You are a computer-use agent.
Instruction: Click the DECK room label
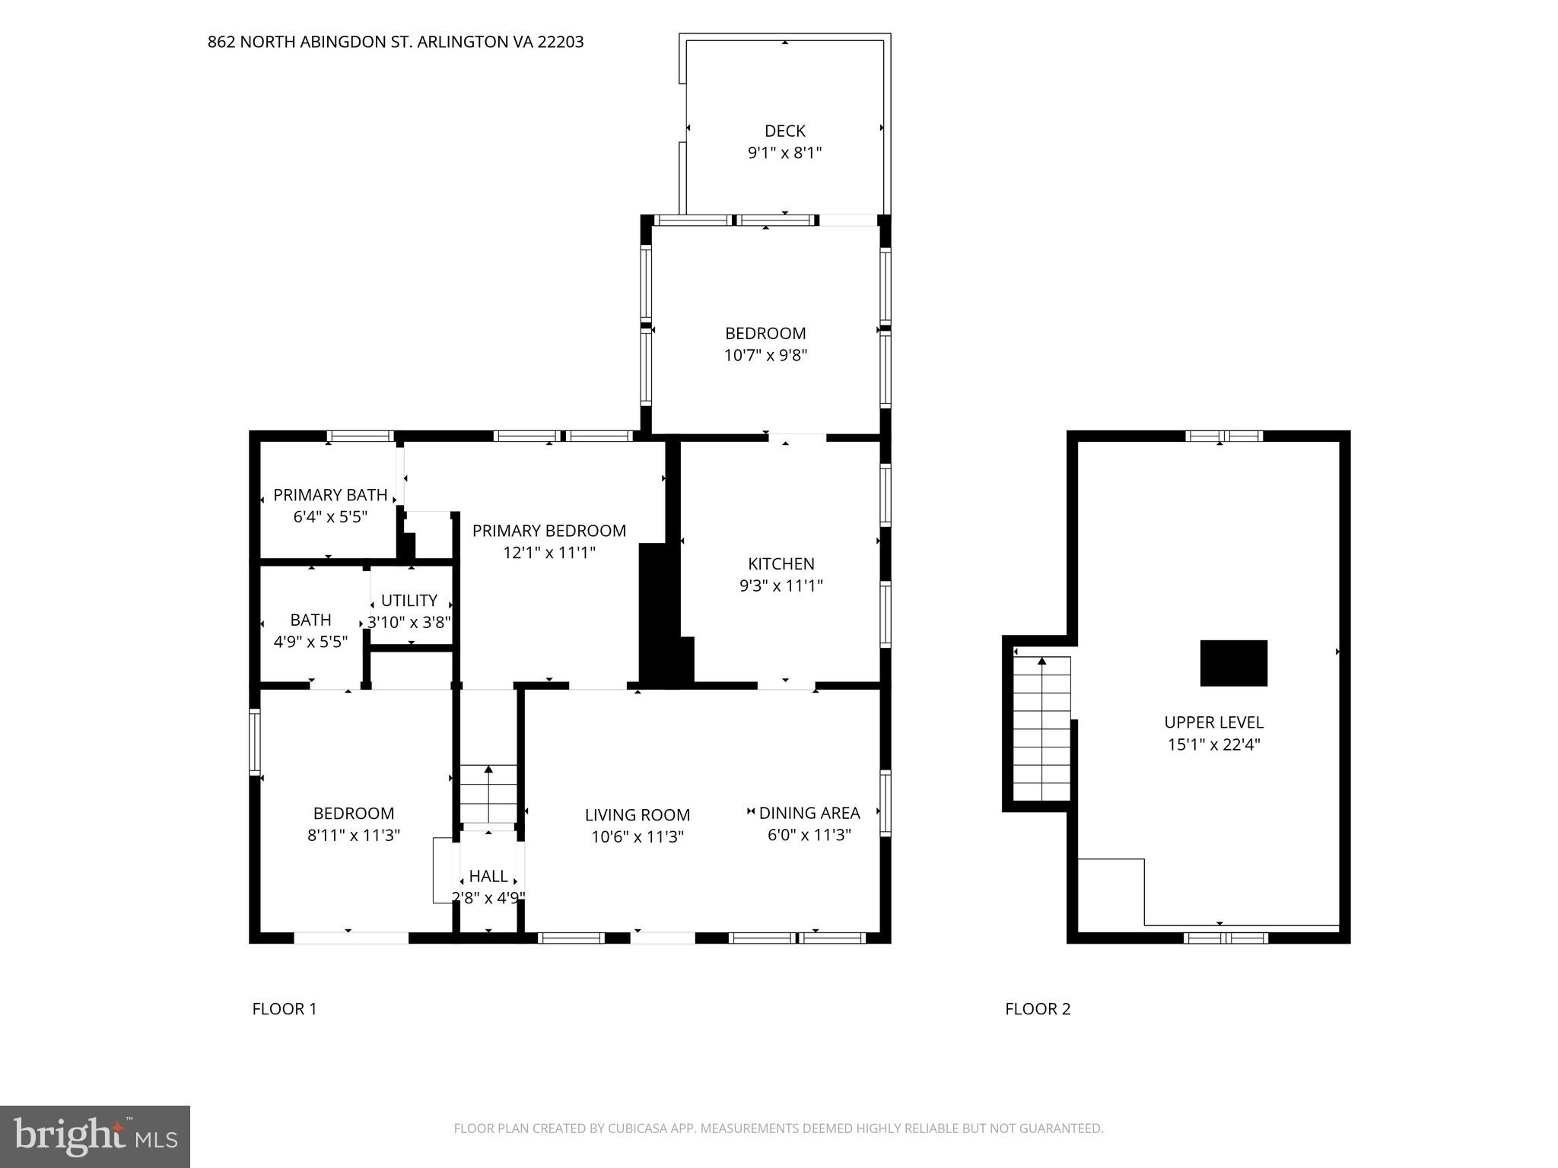784,131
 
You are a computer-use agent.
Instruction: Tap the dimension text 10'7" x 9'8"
765,355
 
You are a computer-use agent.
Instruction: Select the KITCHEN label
781,563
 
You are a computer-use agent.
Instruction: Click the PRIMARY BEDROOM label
548,531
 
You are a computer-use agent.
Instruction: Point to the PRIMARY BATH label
330,495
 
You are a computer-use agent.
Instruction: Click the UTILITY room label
409,601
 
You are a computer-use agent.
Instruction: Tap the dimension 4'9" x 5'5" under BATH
310,642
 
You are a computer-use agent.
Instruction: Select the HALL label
488,876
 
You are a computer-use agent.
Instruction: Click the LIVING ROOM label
637,815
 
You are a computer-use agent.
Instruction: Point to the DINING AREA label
809,813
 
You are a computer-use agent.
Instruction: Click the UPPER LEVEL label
1213,722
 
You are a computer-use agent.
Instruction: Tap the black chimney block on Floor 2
1233,663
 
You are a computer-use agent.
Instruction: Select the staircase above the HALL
488,794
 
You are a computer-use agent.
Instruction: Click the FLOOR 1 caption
285,1009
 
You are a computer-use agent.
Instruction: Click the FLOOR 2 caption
1038,1009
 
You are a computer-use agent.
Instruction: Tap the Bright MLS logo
95,1137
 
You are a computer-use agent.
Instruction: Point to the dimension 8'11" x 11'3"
353,835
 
